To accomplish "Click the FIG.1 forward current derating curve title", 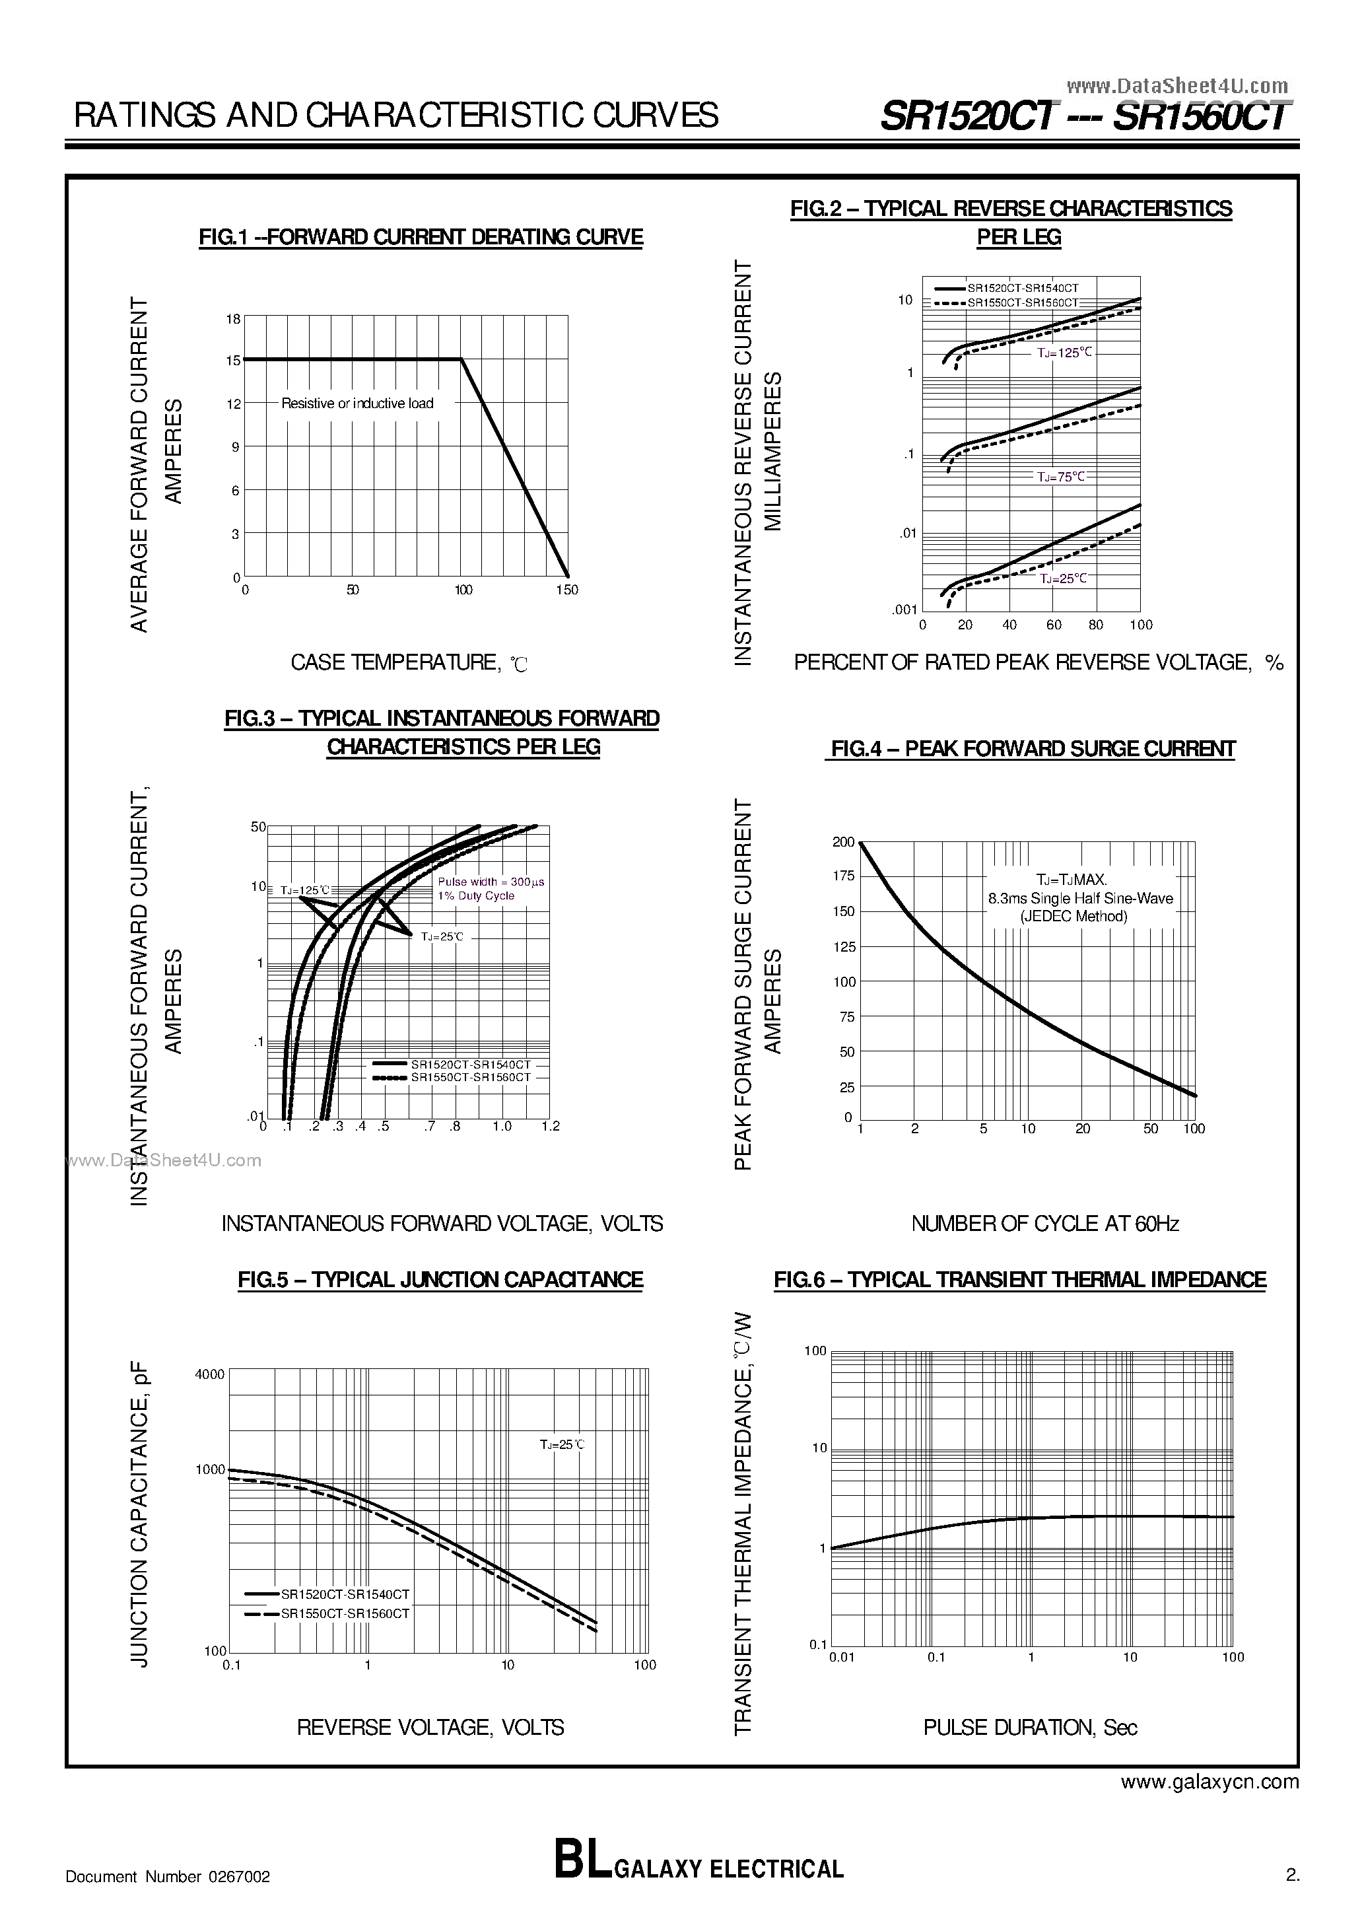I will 421,237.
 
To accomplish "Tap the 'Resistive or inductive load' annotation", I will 357,404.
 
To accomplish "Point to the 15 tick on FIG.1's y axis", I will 234,361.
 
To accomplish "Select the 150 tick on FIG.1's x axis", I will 566,590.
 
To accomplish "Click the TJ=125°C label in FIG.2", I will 1064,353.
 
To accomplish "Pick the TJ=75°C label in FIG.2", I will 1061,477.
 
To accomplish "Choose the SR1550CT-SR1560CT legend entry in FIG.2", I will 1023,302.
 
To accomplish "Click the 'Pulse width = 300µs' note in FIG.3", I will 491,882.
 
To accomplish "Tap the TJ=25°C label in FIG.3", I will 442,936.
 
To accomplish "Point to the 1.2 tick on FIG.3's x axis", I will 550,1126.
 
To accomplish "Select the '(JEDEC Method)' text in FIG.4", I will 1074,917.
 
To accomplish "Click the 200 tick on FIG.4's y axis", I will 842,842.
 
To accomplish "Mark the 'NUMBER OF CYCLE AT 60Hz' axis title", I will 1044,1224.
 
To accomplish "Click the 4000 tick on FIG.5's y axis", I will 209,1375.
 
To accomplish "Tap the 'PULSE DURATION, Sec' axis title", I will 1030,1728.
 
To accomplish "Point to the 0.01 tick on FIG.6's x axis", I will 842,1658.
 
